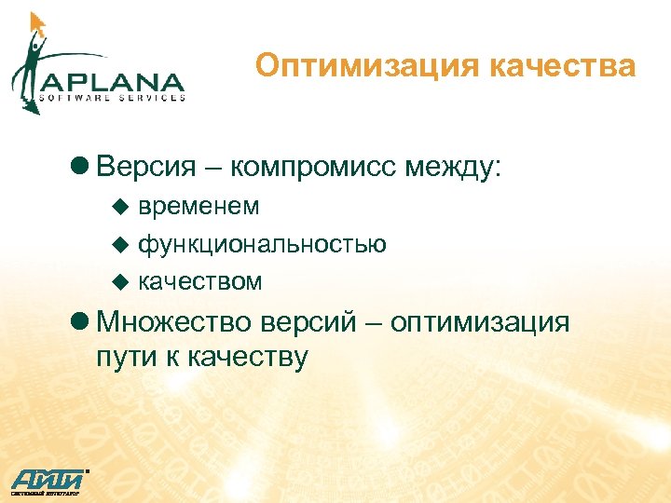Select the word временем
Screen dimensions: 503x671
point(199,206)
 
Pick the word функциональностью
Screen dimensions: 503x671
point(263,244)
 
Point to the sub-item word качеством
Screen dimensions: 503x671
point(200,281)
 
